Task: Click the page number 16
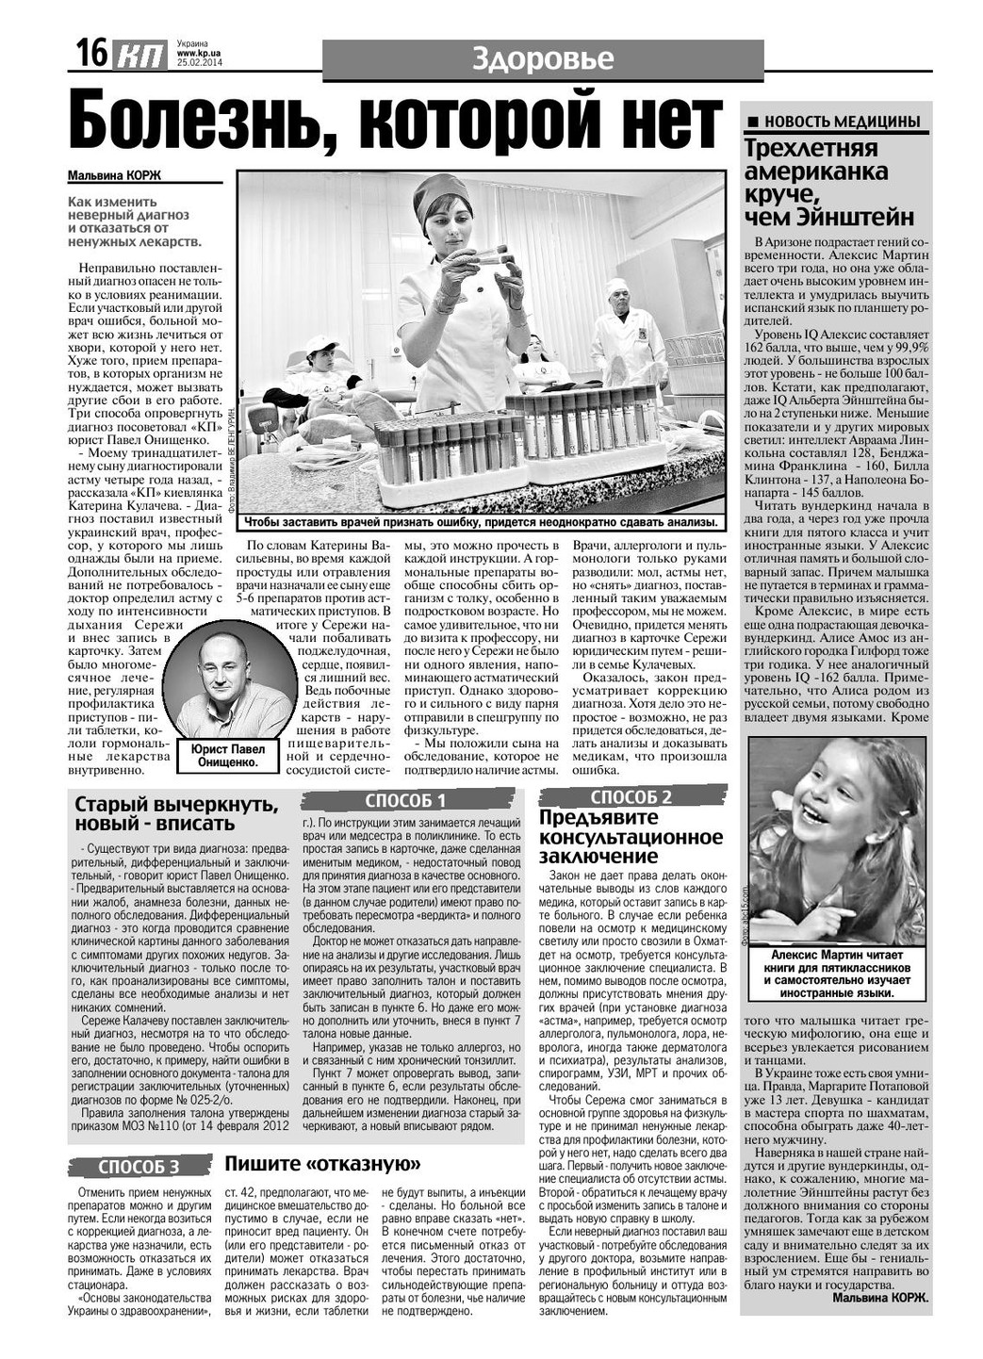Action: pyautogui.click(x=91, y=54)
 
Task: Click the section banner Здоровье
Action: pyautogui.click(x=542, y=59)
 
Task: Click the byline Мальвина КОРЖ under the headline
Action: pyautogui.click(x=115, y=175)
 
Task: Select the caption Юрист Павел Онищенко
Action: pyautogui.click(x=228, y=756)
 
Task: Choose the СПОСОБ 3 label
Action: pyautogui.click(x=139, y=1168)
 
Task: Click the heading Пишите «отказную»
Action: pyautogui.click(x=322, y=1164)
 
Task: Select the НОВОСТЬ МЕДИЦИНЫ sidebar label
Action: pyautogui.click(x=834, y=122)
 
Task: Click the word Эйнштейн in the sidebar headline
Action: pyautogui.click(x=860, y=218)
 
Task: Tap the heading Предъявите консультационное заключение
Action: pyautogui.click(x=631, y=837)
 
